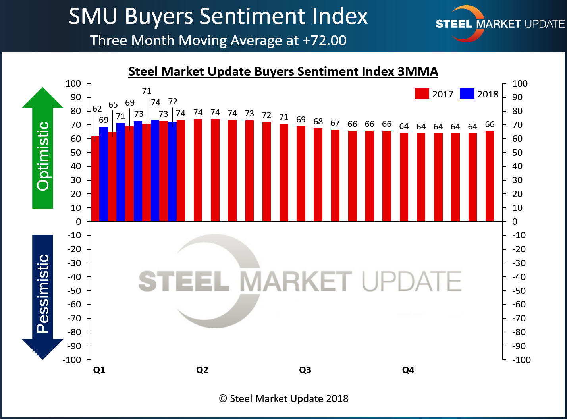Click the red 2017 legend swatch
[x=422, y=94]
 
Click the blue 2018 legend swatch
[x=467, y=94]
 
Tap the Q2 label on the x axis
[x=202, y=370]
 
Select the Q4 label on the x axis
[x=408, y=370]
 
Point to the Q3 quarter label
[x=305, y=370]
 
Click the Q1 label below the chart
[x=99, y=370]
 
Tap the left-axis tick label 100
[x=73, y=83]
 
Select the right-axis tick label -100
[x=521, y=360]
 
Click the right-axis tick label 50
[x=517, y=153]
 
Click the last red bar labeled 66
[x=490, y=176]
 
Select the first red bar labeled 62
[x=95, y=179]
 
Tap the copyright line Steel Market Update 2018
[x=283, y=398]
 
